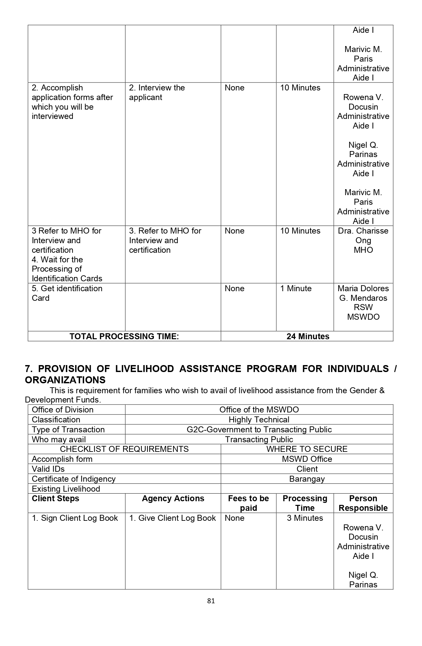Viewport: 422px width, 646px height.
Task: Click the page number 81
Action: (x=211, y=601)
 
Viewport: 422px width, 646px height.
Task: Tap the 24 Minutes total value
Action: (x=308, y=336)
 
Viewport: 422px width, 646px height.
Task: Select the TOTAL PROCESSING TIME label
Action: (x=124, y=336)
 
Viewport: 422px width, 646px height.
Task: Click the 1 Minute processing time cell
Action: (x=296, y=289)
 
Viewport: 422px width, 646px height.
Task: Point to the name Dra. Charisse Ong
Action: (x=363, y=236)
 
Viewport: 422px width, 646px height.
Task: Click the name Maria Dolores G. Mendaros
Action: (x=363, y=293)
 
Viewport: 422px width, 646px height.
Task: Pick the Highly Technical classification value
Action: (x=259, y=420)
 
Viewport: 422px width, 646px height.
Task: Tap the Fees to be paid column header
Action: (x=248, y=503)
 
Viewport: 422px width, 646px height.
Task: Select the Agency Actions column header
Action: (x=173, y=499)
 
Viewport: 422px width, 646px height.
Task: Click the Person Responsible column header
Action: (x=363, y=503)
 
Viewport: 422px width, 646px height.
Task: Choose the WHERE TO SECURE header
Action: (x=307, y=449)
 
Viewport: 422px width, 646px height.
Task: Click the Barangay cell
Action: (x=307, y=479)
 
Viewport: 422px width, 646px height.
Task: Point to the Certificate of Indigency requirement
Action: (x=73, y=479)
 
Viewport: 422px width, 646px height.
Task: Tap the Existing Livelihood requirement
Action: (x=66, y=489)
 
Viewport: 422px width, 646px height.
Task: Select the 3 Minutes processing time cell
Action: (x=305, y=518)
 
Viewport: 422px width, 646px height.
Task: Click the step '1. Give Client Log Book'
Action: (x=172, y=518)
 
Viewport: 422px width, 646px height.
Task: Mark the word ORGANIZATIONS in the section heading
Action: (x=65, y=380)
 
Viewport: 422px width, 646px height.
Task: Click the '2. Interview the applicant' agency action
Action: (x=157, y=92)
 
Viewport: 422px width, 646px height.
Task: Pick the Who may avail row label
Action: (x=59, y=440)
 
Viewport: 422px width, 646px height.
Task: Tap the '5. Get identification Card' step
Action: (x=67, y=293)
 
